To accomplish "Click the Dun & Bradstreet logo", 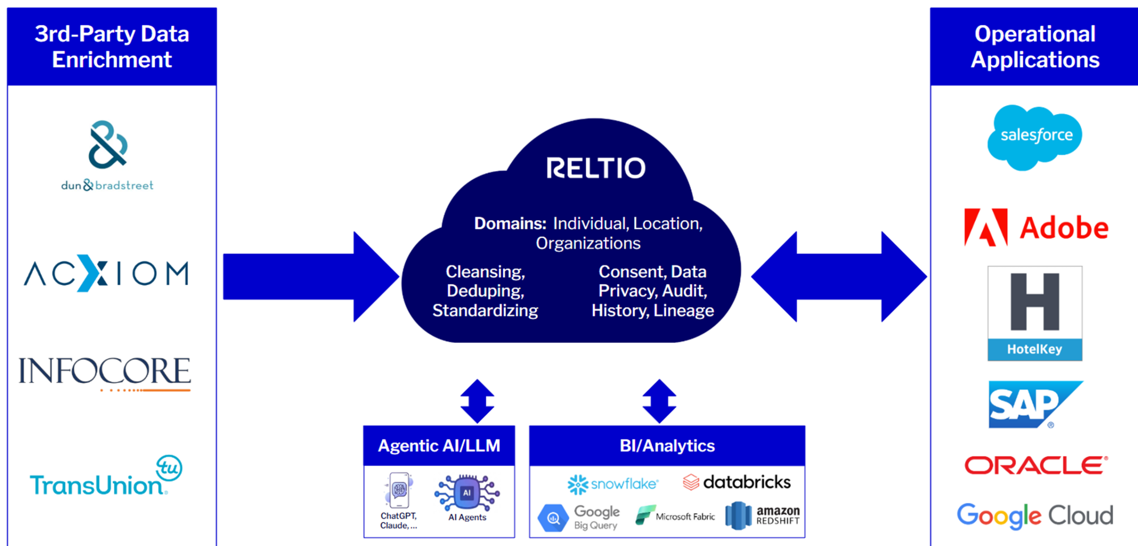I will point(108,156).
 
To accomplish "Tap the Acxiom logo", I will point(106,273).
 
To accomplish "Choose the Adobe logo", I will point(1036,228).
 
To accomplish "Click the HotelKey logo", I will point(1035,313).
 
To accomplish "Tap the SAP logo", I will point(1035,404).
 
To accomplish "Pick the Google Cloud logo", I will point(1035,516).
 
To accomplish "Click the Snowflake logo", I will point(613,484).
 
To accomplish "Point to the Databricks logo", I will point(737,482).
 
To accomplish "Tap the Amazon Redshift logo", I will point(762,516).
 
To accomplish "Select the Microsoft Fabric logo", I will point(675,516).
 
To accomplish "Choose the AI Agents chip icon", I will point(467,493).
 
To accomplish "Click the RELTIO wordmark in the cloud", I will point(596,168).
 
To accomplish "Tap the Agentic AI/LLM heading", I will point(439,446).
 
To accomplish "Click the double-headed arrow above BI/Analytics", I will point(659,401).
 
